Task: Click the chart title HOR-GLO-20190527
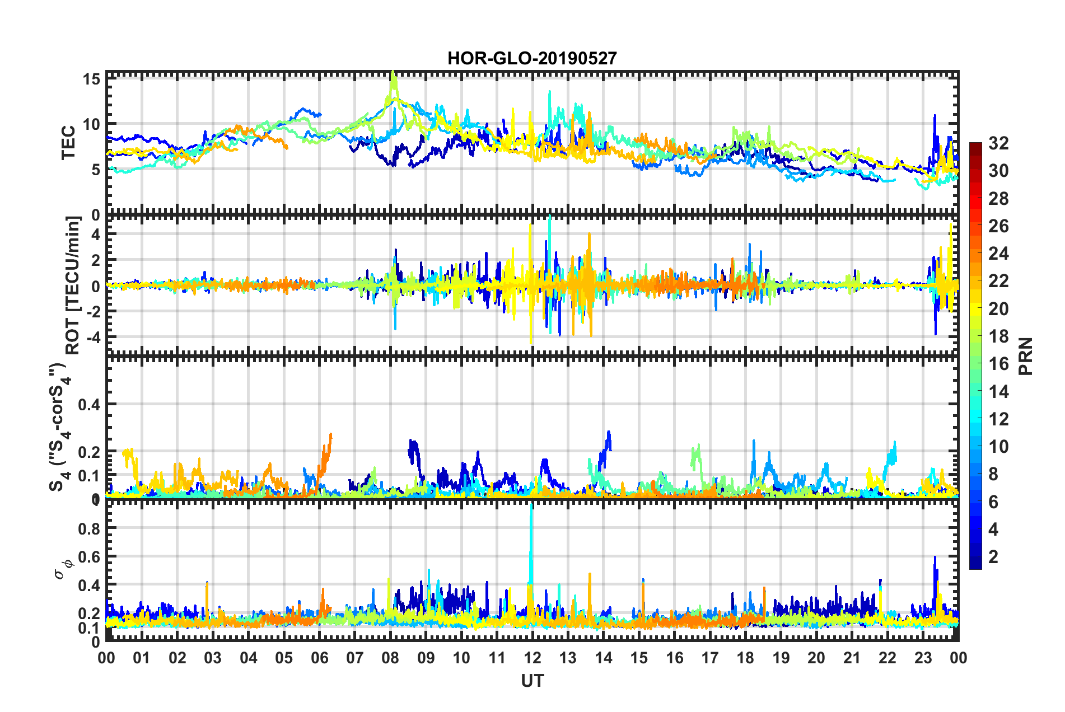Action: coord(532,58)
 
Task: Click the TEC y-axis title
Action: coord(68,143)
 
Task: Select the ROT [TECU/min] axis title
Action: coord(73,285)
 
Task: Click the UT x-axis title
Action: coord(532,681)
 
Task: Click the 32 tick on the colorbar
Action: coord(998,143)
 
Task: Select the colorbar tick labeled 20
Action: coord(998,308)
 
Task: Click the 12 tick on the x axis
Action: coord(532,658)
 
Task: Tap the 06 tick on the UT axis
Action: coord(319,658)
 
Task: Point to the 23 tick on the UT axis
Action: coord(923,658)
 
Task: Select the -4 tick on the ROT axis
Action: coord(94,337)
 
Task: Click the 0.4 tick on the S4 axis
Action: coord(89,404)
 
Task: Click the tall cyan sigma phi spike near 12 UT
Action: coord(531,509)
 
